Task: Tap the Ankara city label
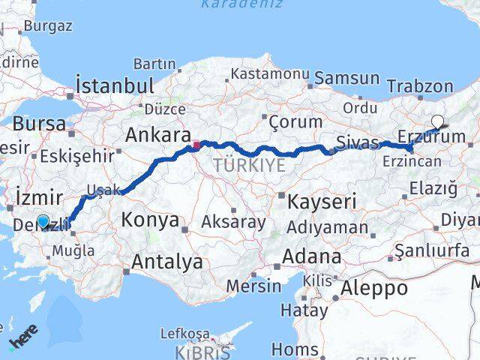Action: click(157, 135)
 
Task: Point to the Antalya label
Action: click(166, 262)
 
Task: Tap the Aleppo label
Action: click(374, 287)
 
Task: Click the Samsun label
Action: click(346, 78)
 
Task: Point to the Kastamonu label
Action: click(270, 74)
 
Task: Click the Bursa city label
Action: click(39, 124)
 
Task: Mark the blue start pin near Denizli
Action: click(43, 220)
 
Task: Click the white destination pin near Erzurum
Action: click(437, 121)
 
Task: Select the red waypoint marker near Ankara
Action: click(196, 144)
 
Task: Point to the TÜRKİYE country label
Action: click(249, 166)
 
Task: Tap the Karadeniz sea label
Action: click(242, 4)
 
